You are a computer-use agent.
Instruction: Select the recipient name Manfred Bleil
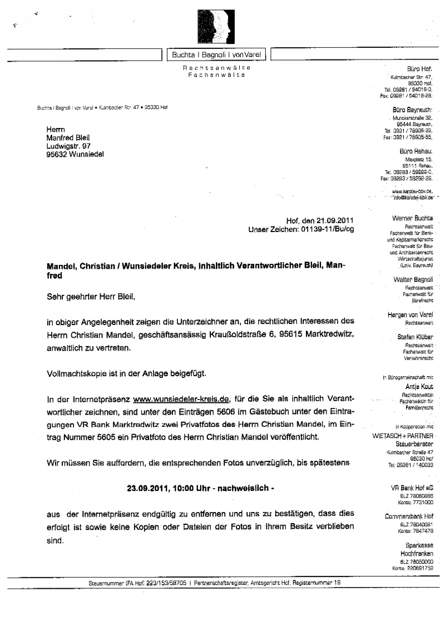click(x=68, y=138)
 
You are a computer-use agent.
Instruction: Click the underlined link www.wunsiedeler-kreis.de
click(x=181, y=398)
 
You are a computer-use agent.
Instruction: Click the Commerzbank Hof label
click(x=409, y=516)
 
